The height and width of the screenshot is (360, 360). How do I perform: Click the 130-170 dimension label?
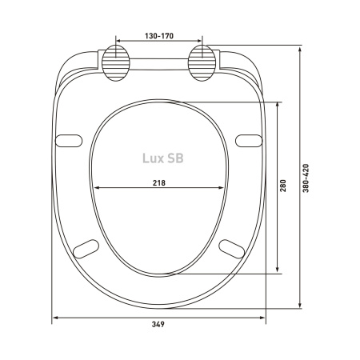159,36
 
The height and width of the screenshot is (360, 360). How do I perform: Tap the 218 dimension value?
159,183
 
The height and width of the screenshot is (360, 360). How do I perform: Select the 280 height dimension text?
283,186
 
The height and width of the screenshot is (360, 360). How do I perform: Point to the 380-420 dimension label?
306,178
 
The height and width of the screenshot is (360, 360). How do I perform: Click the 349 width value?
158,324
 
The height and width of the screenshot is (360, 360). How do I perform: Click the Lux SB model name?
163,158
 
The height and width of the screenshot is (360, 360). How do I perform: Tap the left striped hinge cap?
116,63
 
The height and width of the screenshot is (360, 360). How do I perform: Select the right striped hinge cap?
202,63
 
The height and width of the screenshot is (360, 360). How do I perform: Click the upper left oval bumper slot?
69,141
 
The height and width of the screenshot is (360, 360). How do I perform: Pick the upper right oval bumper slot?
249,141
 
